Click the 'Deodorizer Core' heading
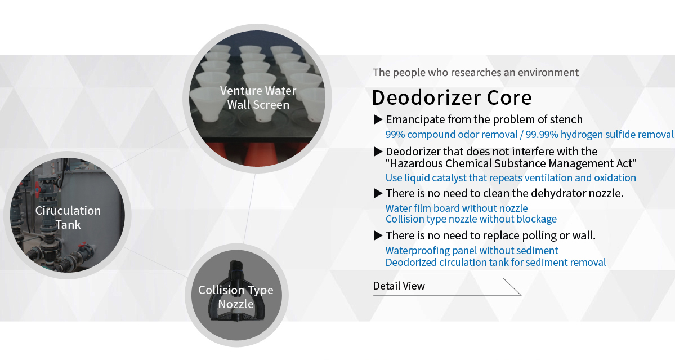pyautogui.click(x=452, y=98)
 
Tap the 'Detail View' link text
pyautogui.click(x=399, y=286)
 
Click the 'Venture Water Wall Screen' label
pyautogui.click(x=258, y=98)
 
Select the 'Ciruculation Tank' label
pyautogui.click(x=68, y=217)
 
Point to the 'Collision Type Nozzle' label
pyautogui.click(x=235, y=297)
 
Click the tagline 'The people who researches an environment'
pyautogui.click(x=476, y=72)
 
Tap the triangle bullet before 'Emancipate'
pyautogui.click(x=378, y=119)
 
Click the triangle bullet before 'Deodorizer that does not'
pyautogui.click(x=378, y=152)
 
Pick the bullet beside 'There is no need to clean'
pyautogui.click(x=378, y=193)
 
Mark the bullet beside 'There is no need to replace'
pyautogui.click(x=378, y=235)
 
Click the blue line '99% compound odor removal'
pyautogui.click(x=530, y=134)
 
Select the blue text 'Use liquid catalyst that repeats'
pyautogui.click(x=511, y=178)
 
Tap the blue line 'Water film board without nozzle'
pyautogui.click(x=457, y=208)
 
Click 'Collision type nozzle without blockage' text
pyautogui.click(x=471, y=219)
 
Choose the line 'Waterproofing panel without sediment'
pyautogui.click(x=471, y=251)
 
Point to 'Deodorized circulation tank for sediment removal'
pyautogui.click(x=495, y=262)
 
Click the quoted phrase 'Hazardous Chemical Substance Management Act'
pyautogui.click(x=511, y=163)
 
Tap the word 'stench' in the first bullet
pyautogui.click(x=564, y=119)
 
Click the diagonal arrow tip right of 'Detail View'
pyautogui.click(x=521, y=295)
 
